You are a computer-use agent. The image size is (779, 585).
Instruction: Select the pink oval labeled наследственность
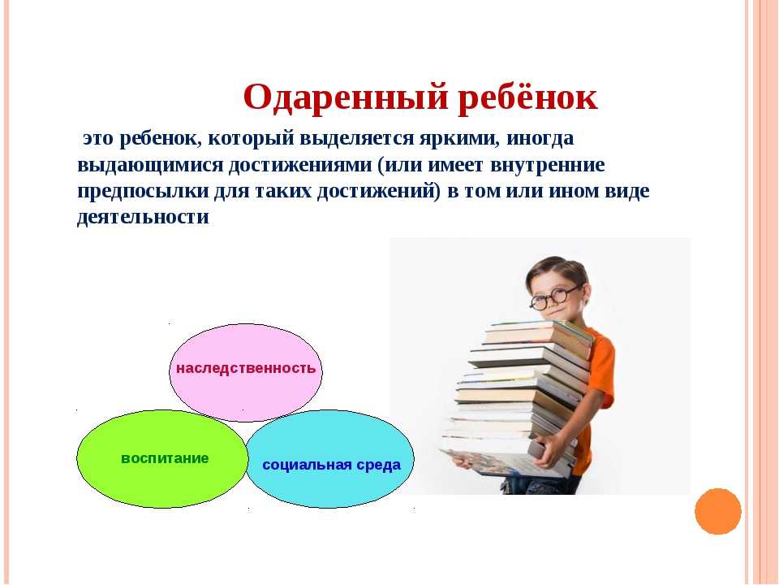tap(246, 373)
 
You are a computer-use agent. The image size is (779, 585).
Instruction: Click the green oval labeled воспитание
tap(162, 458)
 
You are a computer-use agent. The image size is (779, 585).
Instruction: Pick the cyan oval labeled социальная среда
tap(330, 458)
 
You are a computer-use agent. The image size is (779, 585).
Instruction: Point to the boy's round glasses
tap(555, 297)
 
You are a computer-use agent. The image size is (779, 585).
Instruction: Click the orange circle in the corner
tap(718, 511)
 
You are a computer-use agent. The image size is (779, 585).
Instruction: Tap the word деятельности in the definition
tap(143, 218)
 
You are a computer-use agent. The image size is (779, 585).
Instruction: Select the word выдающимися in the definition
tap(150, 165)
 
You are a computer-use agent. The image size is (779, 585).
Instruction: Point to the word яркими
tap(459, 139)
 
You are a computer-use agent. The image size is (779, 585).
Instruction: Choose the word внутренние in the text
tap(548, 165)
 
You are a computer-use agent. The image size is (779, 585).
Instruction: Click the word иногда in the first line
tap(540, 139)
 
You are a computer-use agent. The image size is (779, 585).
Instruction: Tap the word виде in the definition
tap(627, 192)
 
